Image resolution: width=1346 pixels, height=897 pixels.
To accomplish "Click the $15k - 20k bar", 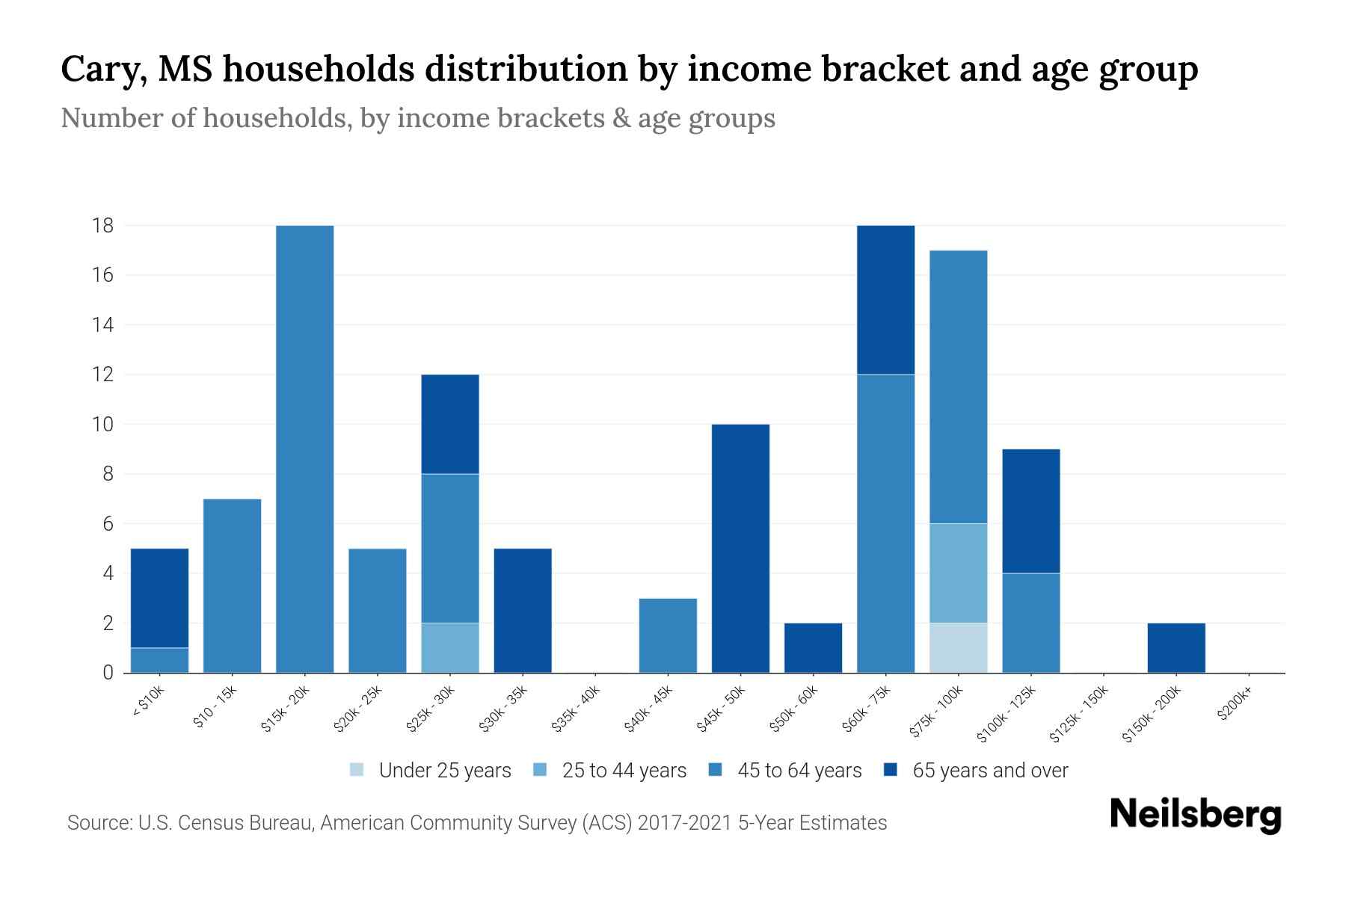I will [x=304, y=449].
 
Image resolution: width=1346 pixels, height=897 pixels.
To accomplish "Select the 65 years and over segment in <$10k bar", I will [x=159, y=598].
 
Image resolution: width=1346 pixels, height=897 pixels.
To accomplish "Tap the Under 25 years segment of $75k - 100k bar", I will [x=958, y=647].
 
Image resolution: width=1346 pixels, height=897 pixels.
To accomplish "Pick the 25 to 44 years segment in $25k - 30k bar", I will [x=450, y=647].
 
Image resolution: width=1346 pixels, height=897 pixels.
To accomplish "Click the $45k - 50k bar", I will [x=740, y=548].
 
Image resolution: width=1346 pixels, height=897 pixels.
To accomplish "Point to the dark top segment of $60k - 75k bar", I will [x=885, y=299].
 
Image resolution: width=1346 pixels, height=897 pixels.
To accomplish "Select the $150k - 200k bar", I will [x=1176, y=647].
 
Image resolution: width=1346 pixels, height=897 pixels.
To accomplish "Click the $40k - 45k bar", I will [x=668, y=635].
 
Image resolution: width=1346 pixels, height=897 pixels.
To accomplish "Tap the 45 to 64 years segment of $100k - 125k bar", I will [x=1030, y=623].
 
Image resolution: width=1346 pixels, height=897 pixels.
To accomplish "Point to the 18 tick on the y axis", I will [x=102, y=225].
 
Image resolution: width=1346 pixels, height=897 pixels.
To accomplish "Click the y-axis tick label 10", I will [x=102, y=424].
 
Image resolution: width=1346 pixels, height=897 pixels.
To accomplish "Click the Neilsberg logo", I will [x=1195, y=815].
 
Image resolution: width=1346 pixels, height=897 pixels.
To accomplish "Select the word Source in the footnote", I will [x=98, y=823].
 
